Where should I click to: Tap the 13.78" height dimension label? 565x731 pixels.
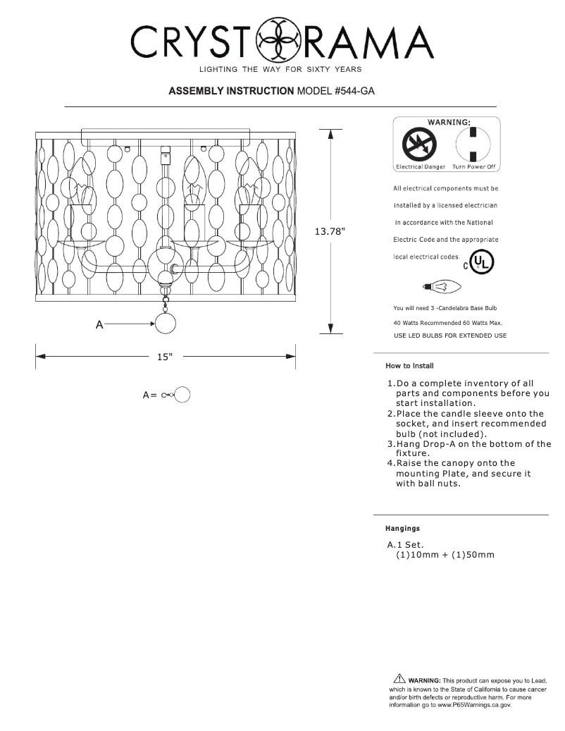click(x=331, y=231)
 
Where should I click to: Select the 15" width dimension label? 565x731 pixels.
click(x=165, y=357)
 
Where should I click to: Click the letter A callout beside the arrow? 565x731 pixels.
click(x=99, y=324)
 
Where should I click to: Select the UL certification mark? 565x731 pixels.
click(x=482, y=263)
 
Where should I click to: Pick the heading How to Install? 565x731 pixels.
click(x=409, y=365)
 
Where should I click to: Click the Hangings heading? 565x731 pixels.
click(x=402, y=527)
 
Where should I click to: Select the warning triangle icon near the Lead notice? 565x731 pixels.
click(x=399, y=679)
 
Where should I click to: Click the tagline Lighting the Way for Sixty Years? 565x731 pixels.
click(x=281, y=69)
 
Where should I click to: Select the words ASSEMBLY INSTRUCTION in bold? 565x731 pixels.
click(x=232, y=92)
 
